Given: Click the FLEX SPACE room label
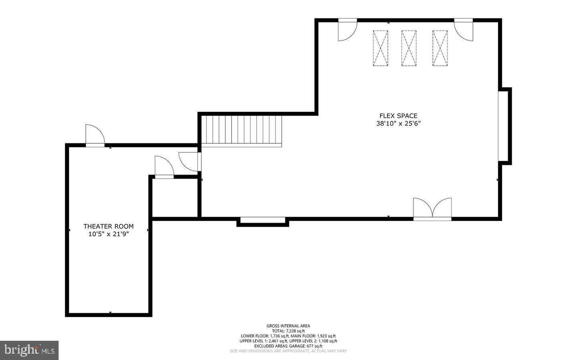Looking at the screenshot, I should click(398, 116).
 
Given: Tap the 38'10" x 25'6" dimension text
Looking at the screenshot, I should click(398, 124).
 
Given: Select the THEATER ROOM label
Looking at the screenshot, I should click(108, 226).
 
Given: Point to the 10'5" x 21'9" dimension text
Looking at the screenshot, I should click(108, 234).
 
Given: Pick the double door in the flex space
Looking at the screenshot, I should click(432, 209).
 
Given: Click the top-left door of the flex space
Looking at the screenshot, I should click(347, 30).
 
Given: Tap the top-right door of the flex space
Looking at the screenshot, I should click(464, 30).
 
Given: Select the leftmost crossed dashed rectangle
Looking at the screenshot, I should click(380, 48).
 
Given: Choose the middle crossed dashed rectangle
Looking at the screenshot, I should click(409, 48).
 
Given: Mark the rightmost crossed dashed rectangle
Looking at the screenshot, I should click(440, 48).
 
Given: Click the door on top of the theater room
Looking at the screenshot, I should click(95, 135).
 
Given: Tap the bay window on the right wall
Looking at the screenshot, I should click(504, 126).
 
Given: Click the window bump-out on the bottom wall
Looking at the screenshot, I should click(263, 221).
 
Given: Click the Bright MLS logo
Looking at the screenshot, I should click(29, 350).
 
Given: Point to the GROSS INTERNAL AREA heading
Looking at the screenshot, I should click(288, 326).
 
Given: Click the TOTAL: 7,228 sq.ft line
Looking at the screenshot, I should click(288, 331).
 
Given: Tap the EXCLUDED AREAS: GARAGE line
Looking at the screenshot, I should click(288, 346).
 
